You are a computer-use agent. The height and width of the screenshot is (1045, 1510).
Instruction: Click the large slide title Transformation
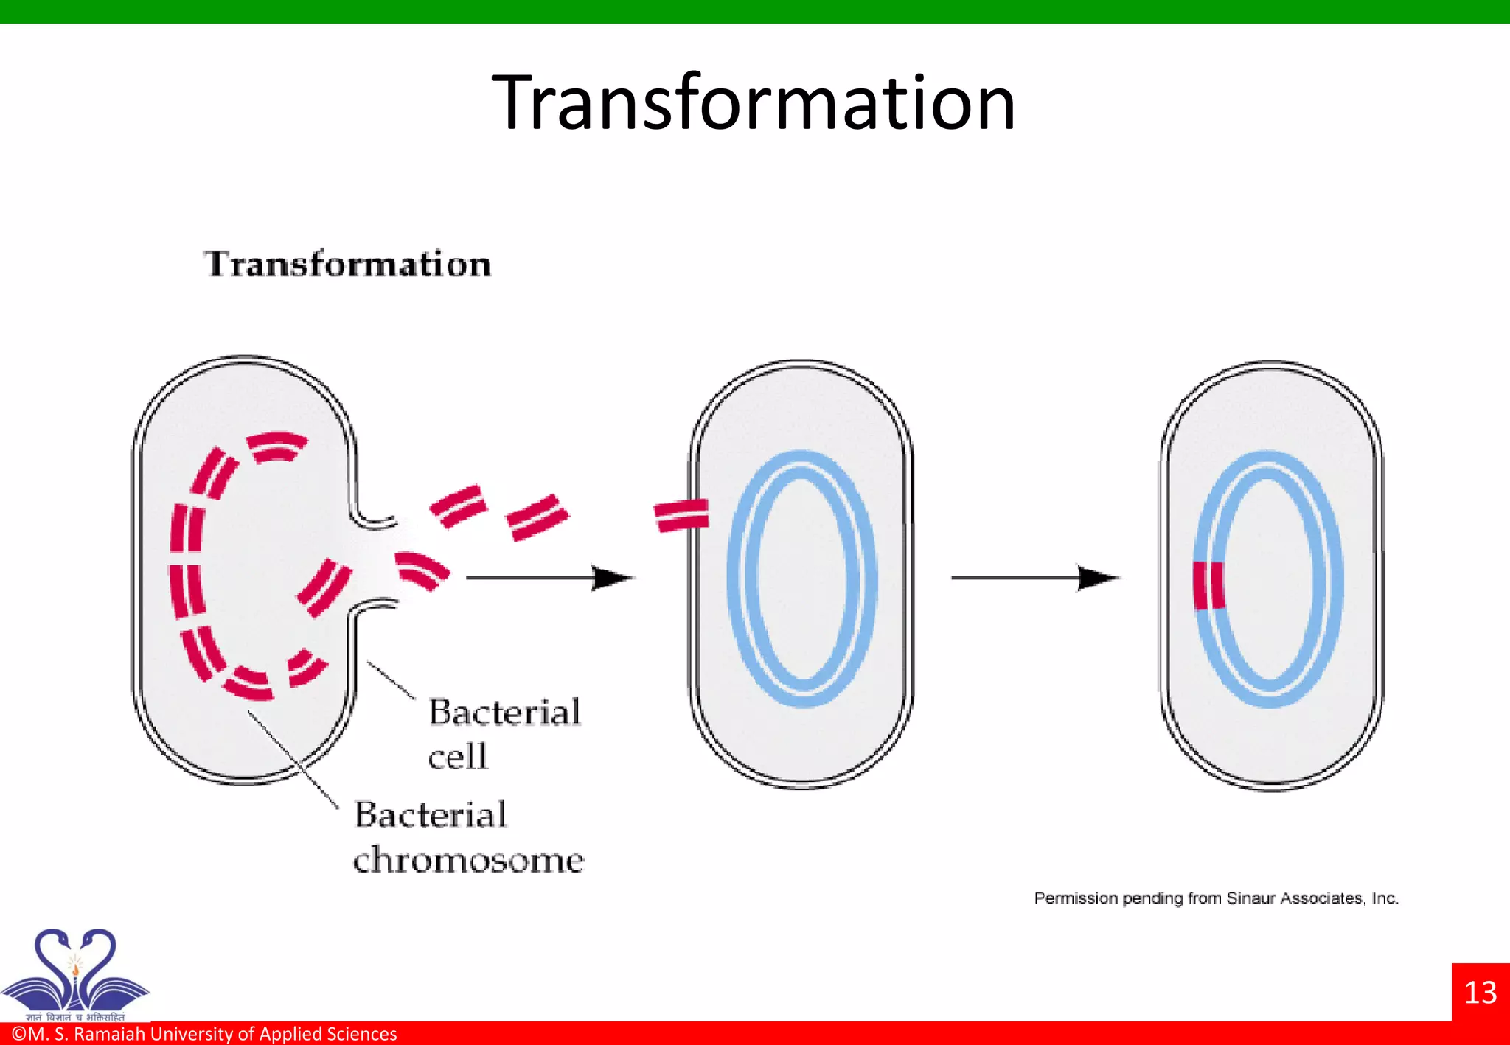pos(754,103)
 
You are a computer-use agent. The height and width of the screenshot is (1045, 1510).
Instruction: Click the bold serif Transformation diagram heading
pos(347,264)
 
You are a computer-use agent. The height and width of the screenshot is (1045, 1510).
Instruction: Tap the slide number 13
pos(1480,993)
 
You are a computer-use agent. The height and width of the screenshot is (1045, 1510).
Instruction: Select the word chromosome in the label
pos(468,860)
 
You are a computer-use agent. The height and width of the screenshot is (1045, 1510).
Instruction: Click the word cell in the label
pos(458,757)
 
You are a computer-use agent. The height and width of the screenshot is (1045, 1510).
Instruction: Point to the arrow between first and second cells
pos(549,578)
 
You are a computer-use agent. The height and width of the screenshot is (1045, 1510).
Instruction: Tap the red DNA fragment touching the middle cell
pos(681,515)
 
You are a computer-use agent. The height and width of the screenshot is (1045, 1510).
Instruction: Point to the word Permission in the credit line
pos(1076,898)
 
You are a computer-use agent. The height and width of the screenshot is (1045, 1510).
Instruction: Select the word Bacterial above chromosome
pos(431,815)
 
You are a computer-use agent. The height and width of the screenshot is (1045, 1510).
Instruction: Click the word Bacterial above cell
pos(505,713)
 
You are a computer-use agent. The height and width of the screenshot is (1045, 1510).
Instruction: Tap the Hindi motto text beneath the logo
pos(75,1017)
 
